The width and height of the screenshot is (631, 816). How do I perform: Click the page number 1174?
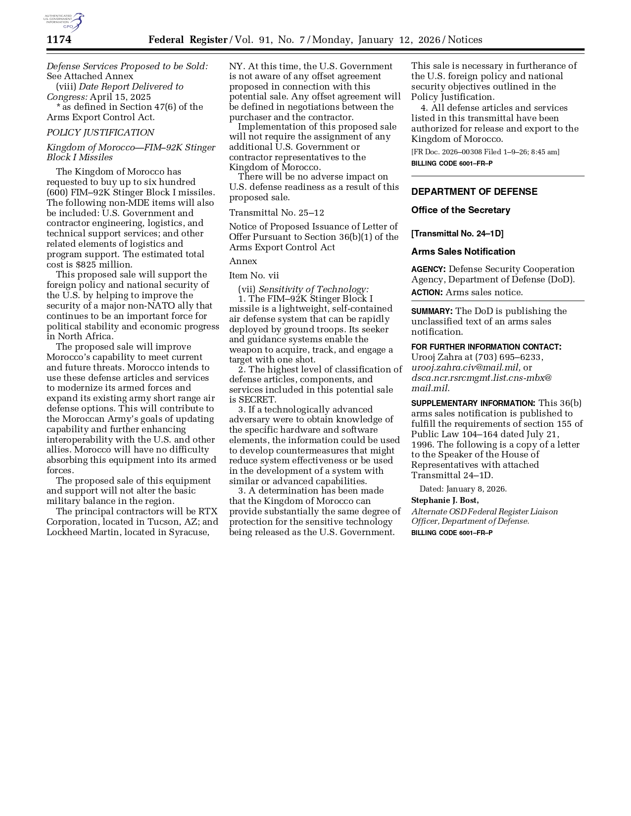59,40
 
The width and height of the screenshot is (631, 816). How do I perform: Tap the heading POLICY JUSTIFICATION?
100,133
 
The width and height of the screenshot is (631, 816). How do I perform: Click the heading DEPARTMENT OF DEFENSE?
474,192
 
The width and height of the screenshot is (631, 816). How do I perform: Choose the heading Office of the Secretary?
460,210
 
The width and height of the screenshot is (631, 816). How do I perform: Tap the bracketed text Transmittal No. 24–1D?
457,233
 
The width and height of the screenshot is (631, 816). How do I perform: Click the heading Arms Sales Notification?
463,252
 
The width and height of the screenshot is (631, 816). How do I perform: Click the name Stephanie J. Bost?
444,500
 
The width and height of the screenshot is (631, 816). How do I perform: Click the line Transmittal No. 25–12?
276,213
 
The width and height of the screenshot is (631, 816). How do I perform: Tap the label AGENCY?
428,270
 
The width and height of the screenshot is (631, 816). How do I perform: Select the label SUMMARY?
432,312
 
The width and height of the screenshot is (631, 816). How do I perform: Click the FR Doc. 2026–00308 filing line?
485,152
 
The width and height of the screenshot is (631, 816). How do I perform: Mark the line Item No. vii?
254,275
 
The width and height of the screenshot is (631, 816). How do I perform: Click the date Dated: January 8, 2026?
463,489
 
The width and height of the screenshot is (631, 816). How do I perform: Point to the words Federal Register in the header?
188,40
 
